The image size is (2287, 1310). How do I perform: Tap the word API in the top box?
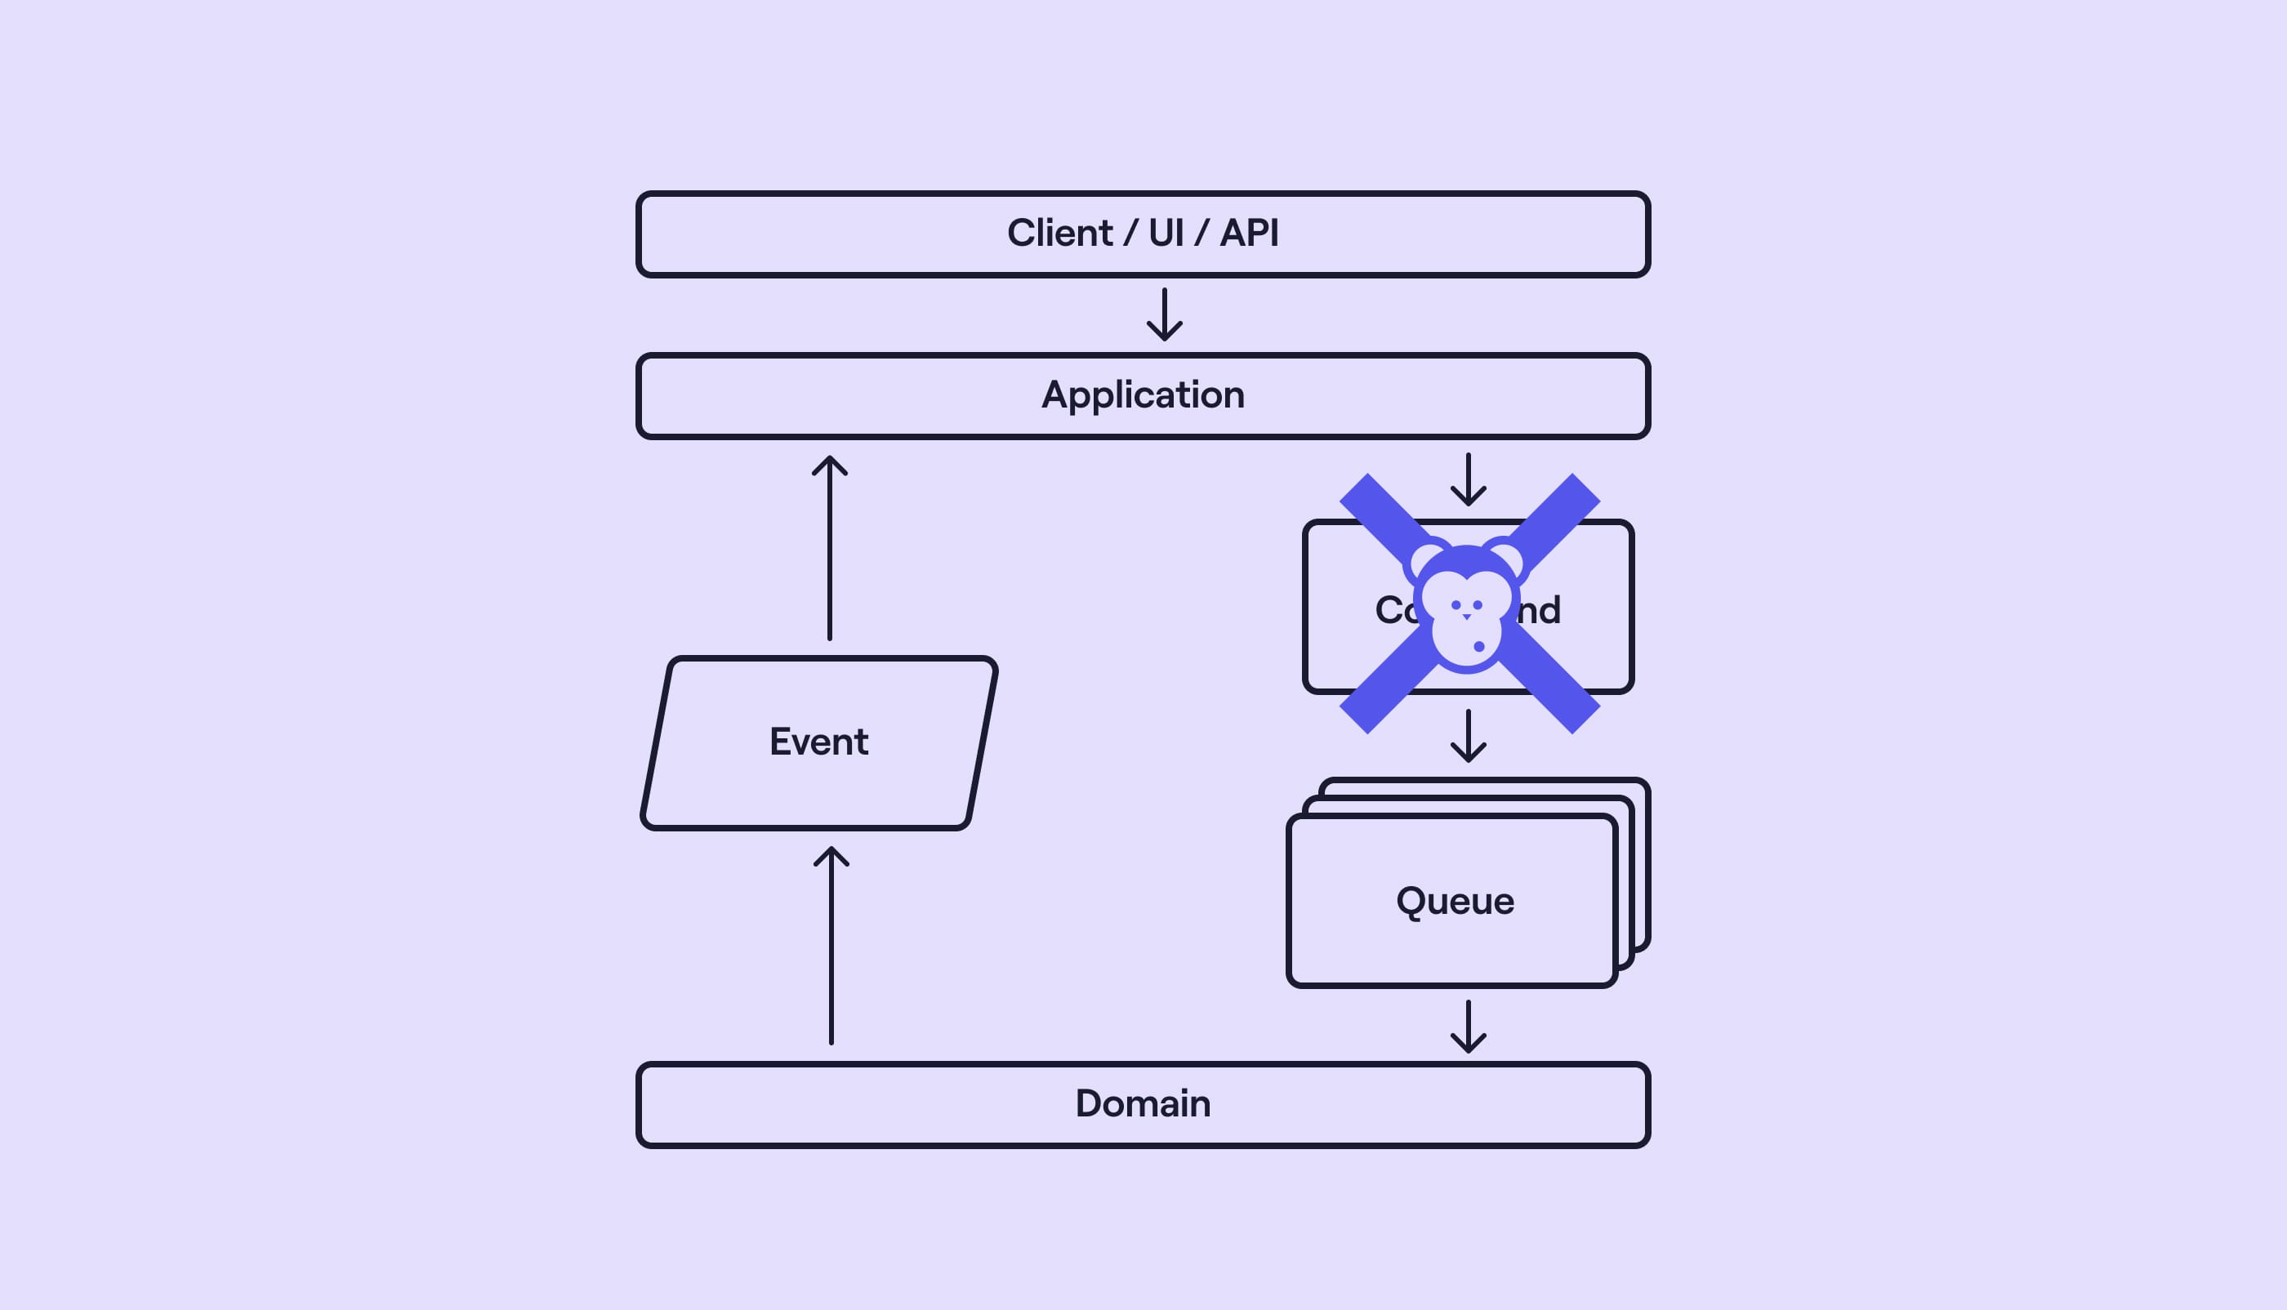(1249, 233)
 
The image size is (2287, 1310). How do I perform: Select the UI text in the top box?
(1166, 233)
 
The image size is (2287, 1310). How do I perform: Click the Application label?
(1143, 395)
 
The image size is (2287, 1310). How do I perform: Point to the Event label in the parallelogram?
(818, 742)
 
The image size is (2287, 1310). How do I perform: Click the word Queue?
(1455, 901)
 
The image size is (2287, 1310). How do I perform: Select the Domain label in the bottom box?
(1143, 1103)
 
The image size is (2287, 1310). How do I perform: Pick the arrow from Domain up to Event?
(831, 945)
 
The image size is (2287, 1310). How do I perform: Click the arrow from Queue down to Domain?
(1469, 1026)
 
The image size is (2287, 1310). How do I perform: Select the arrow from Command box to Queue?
(1469, 735)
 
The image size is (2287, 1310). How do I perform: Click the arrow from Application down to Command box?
(1469, 479)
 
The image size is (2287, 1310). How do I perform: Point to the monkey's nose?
(1466, 617)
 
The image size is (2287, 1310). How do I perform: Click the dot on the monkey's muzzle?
(1479, 646)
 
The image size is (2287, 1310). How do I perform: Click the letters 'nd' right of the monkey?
(1540, 610)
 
